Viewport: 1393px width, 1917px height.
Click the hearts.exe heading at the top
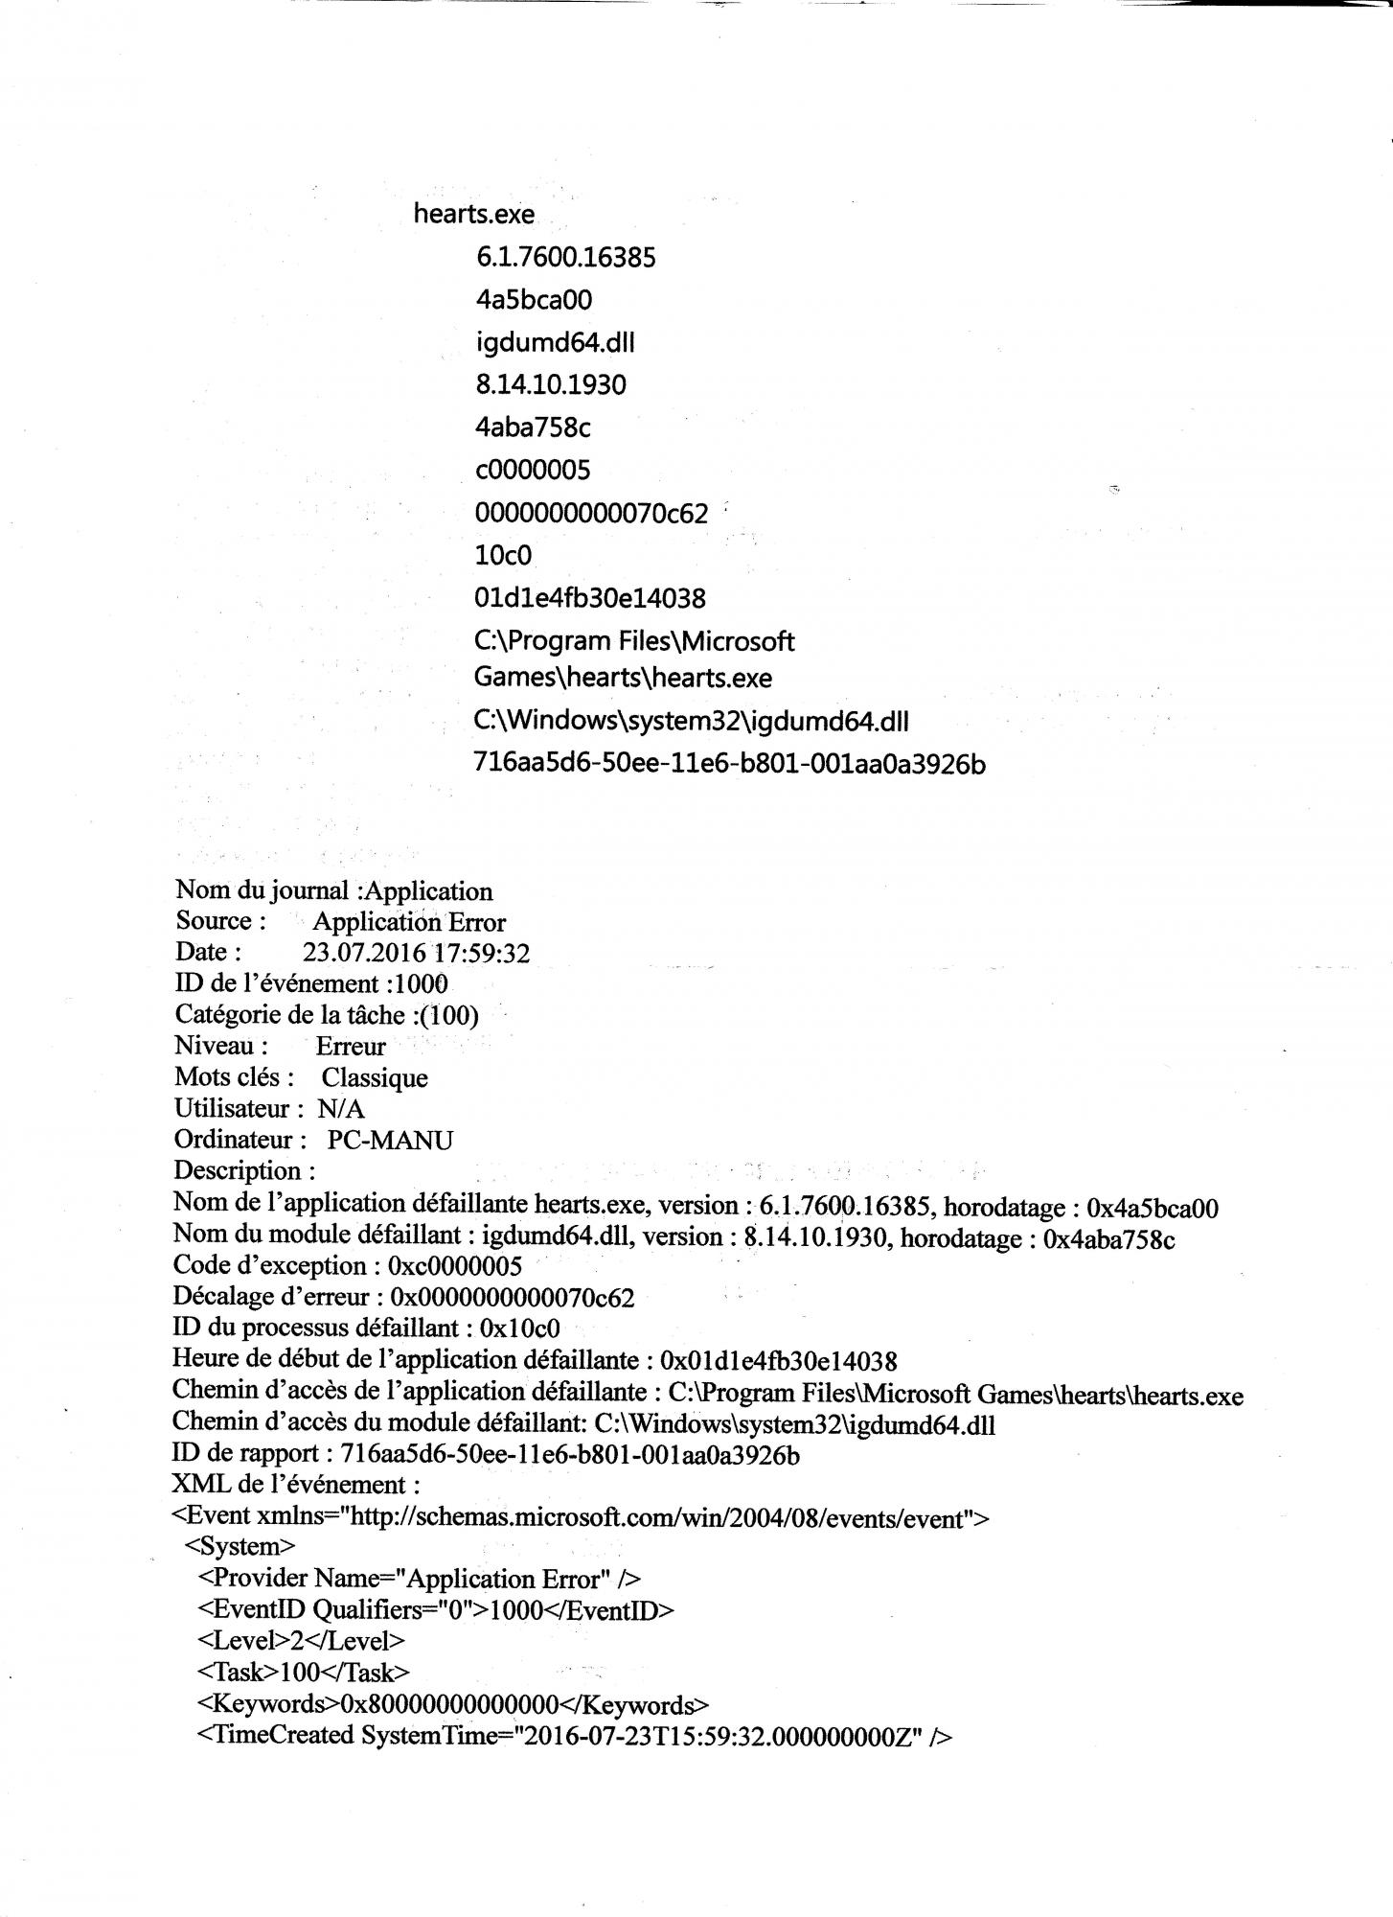coord(474,214)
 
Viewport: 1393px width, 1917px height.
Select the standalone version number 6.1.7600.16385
coord(565,257)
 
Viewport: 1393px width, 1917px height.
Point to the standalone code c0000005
coord(533,470)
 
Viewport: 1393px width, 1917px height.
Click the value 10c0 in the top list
coord(503,555)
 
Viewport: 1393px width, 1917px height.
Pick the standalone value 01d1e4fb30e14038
coord(590,598)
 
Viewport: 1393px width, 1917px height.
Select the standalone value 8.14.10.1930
coord(550,384)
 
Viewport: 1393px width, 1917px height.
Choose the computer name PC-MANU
coord(390,1141)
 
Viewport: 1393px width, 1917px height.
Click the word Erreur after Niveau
coord(351,1047)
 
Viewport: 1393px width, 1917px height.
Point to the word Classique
coord(375,1078)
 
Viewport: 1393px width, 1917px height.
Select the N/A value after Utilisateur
coord(341,1110)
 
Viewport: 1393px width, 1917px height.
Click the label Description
coord(244,1171)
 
